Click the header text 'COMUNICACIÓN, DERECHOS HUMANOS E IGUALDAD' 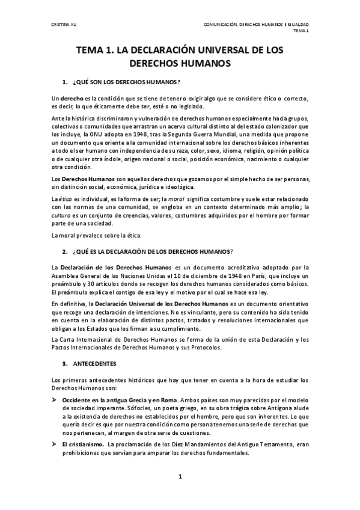click(x=256, y=25)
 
